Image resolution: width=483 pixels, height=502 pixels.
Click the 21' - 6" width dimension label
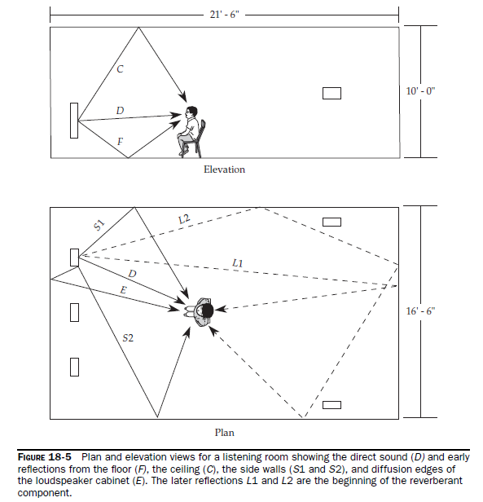coord(224,15)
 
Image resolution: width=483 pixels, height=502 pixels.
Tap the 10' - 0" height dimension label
coord(420,91)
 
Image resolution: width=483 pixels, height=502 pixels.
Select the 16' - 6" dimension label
coord(420,311)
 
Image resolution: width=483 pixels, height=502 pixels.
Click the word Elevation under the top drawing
coord(224,170)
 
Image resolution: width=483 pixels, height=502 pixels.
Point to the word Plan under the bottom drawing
coord(224,433)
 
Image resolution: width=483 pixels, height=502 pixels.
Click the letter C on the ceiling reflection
coord(120,68)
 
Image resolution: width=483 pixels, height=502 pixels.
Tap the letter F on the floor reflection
coord(121,141)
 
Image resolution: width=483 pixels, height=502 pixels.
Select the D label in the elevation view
coord(120,111)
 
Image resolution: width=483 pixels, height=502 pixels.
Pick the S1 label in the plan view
coord(99,225)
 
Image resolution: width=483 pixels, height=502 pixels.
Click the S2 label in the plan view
coord(128,338)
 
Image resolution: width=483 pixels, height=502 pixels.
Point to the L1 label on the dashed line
coord(238,263)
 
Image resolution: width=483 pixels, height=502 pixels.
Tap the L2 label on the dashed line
coord(184,219)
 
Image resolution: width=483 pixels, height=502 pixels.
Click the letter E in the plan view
coord(123,290)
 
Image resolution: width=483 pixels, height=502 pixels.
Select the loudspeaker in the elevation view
coord(74,121)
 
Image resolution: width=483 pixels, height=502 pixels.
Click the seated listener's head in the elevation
coord(191,112)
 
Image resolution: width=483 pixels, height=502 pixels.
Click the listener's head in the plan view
coord(206,310)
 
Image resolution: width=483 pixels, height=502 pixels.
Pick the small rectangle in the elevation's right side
coord(332,93)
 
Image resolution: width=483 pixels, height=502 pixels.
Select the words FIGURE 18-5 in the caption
coord(45,457)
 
